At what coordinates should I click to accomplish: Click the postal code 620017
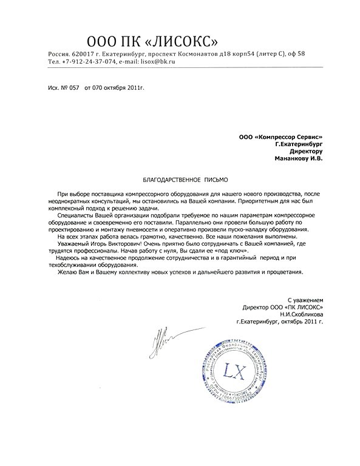coord(84,54)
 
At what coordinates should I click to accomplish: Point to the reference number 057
coord(74,88)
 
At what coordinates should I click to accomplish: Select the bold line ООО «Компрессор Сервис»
coord(281,137)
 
